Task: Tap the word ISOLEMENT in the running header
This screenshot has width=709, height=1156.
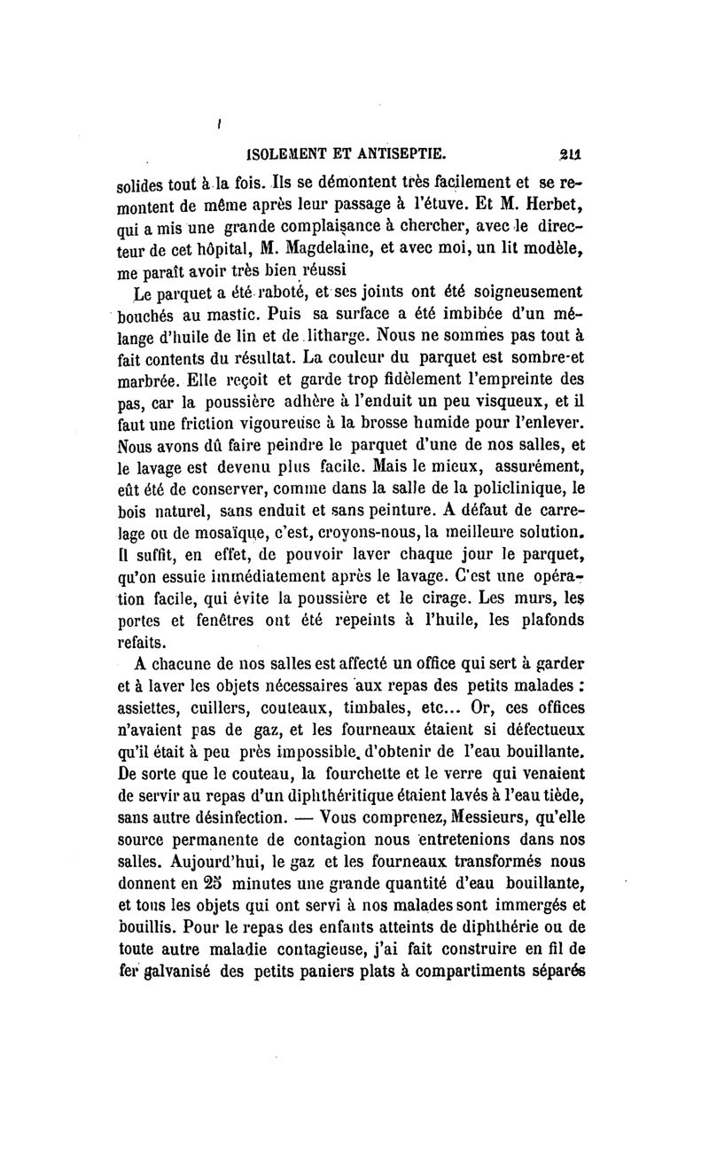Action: (x=277, y=152)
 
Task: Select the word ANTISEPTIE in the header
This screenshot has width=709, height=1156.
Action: (x=404, y=152)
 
